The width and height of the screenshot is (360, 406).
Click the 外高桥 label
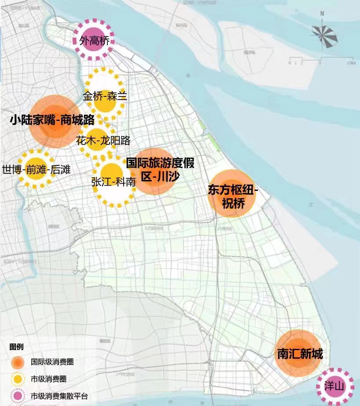[93, 41]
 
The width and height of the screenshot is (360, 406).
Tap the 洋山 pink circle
[334, 387]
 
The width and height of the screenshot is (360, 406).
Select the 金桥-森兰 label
[105, 95]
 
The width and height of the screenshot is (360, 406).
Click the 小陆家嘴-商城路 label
[52, 120]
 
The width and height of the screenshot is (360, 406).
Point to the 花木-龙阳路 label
[103, 141]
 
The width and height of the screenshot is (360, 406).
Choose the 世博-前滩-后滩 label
[36, 170]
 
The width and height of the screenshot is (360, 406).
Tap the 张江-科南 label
[113, 182]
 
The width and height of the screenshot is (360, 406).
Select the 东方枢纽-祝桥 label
[232, 197]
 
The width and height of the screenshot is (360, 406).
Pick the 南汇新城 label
[300, 354]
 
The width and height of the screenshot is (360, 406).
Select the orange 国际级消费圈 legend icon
[18, 362]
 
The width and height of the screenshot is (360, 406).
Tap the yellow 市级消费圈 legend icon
[18, 379]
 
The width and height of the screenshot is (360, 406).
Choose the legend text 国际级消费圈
[52, 362]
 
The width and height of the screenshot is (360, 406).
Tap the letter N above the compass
[323, 14]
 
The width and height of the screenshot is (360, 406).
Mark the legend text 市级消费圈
[48, 379]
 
